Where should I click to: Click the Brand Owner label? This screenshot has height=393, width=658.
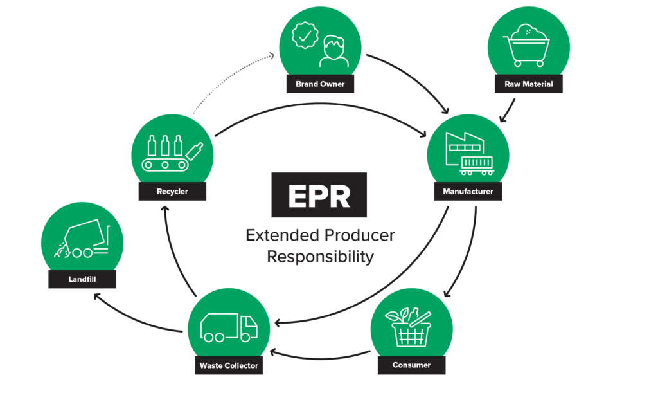click(x=320, y=84)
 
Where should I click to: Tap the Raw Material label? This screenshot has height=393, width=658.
click(x=529, y=84)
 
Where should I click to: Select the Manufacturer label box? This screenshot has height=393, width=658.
click(x=468, y=192)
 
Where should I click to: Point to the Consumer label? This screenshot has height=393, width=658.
click(x=411, y=365)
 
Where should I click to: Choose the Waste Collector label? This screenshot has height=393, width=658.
click(x=229, y=365)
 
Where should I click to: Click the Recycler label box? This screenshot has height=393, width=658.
click(x=172, y=192)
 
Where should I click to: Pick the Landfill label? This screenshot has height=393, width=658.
click(x=82, y=279)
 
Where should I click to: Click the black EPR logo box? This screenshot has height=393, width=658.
click(x=319, y=195)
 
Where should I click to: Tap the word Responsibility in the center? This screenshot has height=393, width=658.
click(x=319, y=257)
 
